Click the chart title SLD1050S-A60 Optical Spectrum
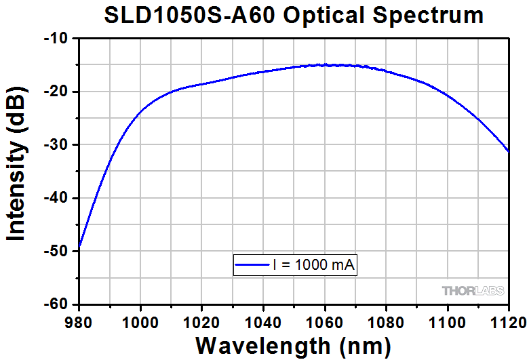click(294, 15)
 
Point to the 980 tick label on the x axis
click(79, 318)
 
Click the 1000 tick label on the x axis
click(140, 318)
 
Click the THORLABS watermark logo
click(473, 291)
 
